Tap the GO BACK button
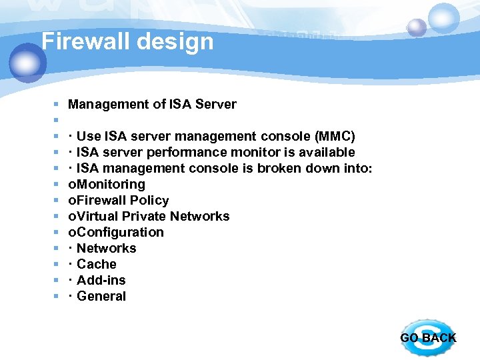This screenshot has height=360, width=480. pyautogui.click(x=427, y=337)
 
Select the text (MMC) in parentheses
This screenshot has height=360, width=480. pyautogui.click(x=334, y=137)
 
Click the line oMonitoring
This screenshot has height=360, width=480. pyautogui.click(x=107, y=185)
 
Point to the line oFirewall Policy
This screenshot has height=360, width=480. pyautogui.click(x=119, y=201)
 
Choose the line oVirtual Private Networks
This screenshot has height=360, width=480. pyautogui.click(x=149, y=217)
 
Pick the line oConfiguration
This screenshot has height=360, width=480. pyautogui.click(x=116, y=233)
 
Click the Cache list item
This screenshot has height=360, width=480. pyautogui.click(x=97, y=265)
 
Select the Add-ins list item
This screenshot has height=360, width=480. pyautogui.click(x=101, y=281)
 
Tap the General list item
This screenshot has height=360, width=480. pyautogui.click(x=101, y=297)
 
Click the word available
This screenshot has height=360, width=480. pyautogui.click(x=326, y=153)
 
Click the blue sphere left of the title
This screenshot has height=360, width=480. pyautogui.click(x=27, y=62)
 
